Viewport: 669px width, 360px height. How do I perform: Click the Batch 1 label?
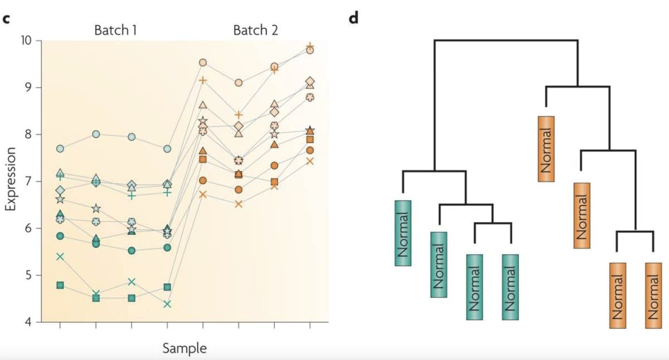117,30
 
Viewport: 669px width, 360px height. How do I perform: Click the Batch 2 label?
255,30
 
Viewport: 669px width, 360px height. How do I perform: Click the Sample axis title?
185,349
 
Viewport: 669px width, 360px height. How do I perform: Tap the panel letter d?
352,18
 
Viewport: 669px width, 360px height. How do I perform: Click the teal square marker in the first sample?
60,285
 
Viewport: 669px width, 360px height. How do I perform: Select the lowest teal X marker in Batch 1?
167,304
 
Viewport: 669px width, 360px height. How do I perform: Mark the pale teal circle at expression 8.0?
96,134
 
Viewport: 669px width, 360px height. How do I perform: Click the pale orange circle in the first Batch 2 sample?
203,62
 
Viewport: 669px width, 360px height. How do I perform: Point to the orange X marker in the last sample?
310,161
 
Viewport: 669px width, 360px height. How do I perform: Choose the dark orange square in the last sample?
310,139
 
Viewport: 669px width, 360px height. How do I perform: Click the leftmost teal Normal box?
403,233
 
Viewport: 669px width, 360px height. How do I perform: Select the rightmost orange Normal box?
653,295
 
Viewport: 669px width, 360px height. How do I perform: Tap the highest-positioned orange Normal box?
546,148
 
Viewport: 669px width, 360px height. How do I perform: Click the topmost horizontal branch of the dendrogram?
506,40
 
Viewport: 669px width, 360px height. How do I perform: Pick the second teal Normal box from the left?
439,264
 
